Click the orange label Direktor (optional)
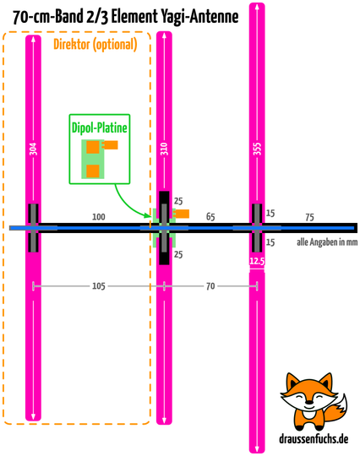[95, 45]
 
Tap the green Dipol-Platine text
[100, 128]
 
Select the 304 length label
[34, 149]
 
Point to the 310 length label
[164, 149]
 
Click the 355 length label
[257, 149]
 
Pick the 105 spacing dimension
[99, 286]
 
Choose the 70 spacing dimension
[210, 286]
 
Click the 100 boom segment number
[99, 217]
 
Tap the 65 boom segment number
[210, 217]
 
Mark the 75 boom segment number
[309, 217]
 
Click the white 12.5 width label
[257, 261]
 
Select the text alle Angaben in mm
[327, 242]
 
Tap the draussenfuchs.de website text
[314, 439]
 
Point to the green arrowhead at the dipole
[149, 215]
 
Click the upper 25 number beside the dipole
[178, 201]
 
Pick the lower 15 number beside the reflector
[270, 242]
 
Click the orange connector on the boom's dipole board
[182, 214]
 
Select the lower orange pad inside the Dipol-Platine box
[93, 171]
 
